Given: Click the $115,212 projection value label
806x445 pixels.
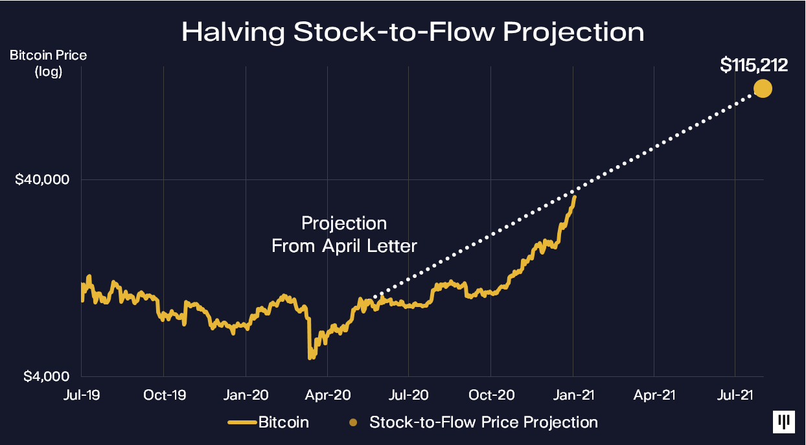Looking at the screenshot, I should click(754, 65).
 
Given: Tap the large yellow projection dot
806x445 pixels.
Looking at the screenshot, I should click(763, 88).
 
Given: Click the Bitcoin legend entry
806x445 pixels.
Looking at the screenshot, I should click(268, 423).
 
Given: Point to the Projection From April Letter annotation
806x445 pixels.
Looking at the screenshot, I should click(344, 234).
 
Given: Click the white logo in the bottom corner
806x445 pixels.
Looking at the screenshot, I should click(784, 422).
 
